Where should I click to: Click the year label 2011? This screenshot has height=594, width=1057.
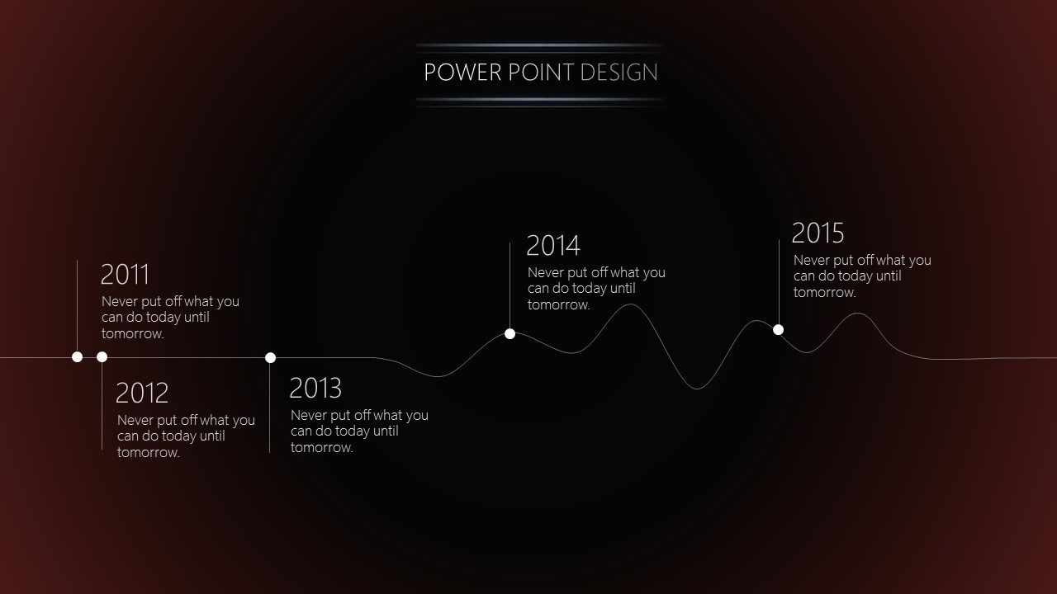[125, 275]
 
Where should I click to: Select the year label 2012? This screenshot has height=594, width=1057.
[142, 393]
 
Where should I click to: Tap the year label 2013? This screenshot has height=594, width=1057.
[315, 388]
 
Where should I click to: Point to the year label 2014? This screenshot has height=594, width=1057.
[553, 246]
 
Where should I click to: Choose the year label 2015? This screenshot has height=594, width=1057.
[818, 233]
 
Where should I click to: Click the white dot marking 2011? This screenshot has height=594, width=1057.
[78, 357]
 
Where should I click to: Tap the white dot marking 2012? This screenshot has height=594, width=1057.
[102, 357]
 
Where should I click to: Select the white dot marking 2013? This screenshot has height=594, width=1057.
[270, 358]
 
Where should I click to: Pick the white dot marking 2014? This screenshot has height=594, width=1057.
[510, 334]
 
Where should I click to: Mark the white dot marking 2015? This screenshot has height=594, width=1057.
[778, 330]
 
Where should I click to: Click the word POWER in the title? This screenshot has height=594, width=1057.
[462, 72]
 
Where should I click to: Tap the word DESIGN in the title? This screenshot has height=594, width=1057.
[619, 72]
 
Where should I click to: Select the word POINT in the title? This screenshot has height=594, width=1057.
[541, 72]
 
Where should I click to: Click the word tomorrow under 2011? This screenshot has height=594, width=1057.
[133, 334]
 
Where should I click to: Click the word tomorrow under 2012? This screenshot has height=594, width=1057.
[148, 453]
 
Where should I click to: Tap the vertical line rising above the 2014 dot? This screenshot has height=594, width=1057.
[510, 285]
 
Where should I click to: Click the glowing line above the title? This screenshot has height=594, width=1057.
[540, 45]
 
